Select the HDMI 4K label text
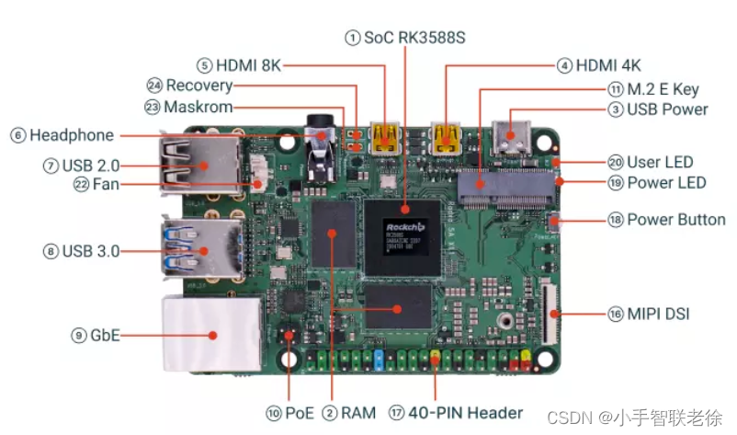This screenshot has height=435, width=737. (x=608, y=65)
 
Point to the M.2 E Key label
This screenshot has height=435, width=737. (x=663, y=89)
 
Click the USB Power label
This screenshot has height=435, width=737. (x=667, y=109)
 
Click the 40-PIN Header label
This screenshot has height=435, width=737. (x=467, y=412)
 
